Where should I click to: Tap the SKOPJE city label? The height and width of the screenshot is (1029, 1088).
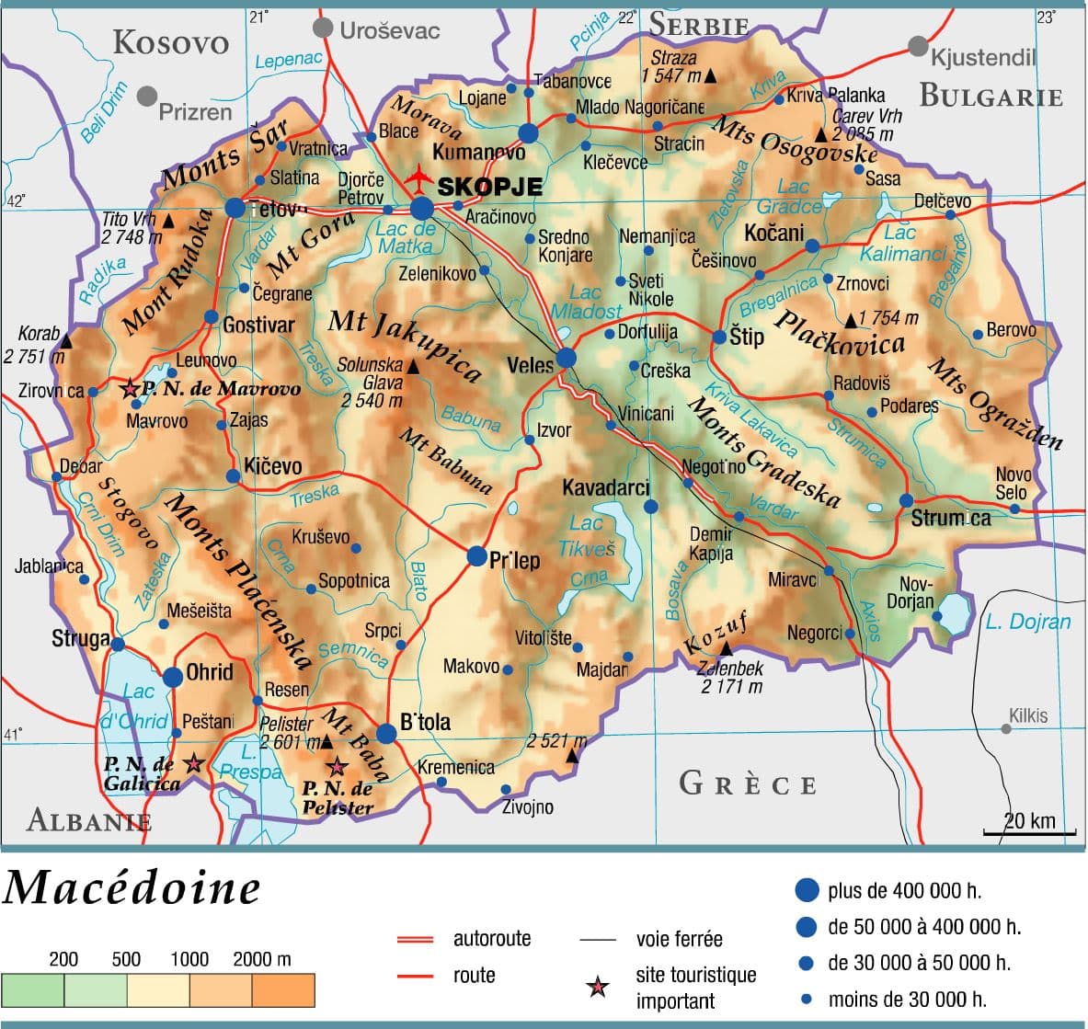490,187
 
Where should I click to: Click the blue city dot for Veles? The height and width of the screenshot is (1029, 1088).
567,358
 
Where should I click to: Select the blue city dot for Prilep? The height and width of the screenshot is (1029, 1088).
476,555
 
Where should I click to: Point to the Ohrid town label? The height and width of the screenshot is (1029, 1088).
210,672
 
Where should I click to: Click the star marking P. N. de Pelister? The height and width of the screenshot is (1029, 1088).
338,765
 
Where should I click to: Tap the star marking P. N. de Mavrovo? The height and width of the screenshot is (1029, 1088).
130,389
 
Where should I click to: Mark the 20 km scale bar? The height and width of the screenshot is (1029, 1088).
1029,832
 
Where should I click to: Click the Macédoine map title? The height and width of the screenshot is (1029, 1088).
132,888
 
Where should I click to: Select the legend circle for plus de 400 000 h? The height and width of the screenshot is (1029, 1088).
806,889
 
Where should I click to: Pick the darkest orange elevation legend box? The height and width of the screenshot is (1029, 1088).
283,990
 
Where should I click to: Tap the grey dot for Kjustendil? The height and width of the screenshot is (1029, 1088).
918,46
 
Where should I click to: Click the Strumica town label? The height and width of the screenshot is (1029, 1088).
951,519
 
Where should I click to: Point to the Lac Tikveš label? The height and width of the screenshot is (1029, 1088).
586,536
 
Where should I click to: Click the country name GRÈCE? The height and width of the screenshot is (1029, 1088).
748,784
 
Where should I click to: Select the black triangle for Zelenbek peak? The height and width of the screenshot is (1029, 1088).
726,649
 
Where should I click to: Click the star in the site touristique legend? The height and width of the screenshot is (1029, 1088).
598,988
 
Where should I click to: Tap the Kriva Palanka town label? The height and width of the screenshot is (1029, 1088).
836,95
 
